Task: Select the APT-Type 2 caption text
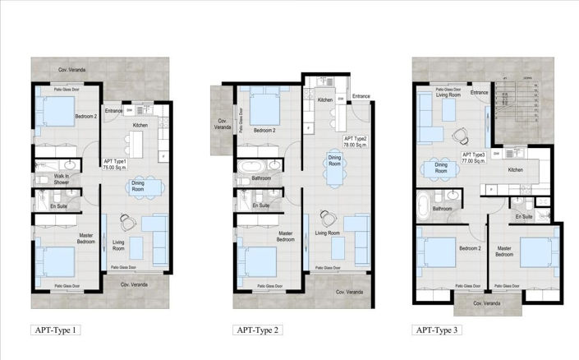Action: [258, 330]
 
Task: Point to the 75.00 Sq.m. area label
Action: [114, 167]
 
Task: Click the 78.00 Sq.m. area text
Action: [355, 144]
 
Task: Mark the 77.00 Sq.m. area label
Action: [474, 162]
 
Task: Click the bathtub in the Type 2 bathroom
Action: [249, 168]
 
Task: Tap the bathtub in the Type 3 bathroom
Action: [425, 203]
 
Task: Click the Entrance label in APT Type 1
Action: [113, 110]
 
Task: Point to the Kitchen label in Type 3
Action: [515, 170]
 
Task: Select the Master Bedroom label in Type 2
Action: [285, 237]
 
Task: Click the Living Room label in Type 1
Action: [118, 244]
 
